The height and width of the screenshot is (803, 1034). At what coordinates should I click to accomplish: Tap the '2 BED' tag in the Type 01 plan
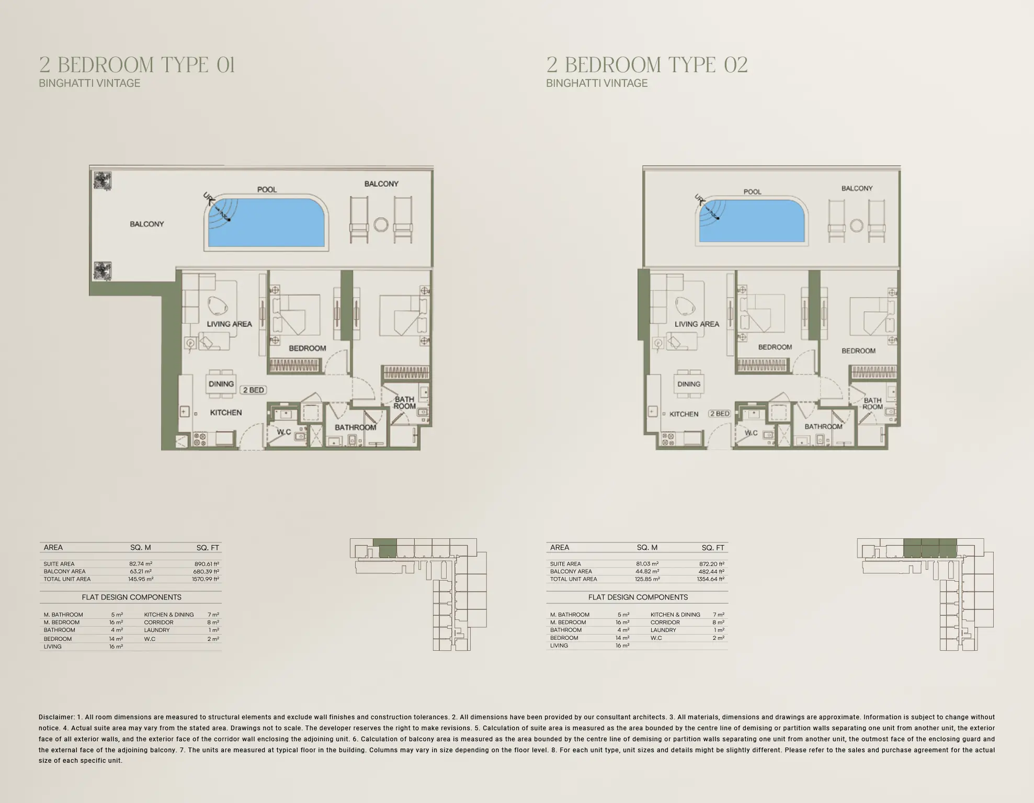253,390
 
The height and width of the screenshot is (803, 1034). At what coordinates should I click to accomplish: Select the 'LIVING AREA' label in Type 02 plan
697,324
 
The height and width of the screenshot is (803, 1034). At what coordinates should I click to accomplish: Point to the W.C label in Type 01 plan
284,432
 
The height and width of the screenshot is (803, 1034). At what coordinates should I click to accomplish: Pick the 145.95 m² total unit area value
141,579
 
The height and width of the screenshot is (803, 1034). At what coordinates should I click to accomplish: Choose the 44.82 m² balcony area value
647,571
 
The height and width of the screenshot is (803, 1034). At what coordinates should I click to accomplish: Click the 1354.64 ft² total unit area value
711,579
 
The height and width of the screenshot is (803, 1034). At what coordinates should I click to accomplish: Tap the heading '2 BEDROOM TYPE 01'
137,65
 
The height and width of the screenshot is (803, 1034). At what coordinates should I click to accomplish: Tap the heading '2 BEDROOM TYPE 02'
647,65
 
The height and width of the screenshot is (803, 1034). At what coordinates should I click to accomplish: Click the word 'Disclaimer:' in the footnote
56,717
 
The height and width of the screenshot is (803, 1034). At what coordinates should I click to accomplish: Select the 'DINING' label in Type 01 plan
221,384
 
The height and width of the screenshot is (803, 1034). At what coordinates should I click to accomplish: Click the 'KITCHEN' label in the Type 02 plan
684,414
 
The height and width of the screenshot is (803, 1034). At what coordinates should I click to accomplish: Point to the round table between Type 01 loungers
381,225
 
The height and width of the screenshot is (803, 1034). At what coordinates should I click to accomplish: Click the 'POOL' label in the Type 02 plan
752,192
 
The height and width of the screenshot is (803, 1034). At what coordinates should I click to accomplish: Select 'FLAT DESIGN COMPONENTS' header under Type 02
638,597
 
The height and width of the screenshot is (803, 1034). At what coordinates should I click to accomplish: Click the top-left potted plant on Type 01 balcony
102,180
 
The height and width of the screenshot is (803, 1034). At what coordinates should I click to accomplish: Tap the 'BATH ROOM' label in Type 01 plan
404,403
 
